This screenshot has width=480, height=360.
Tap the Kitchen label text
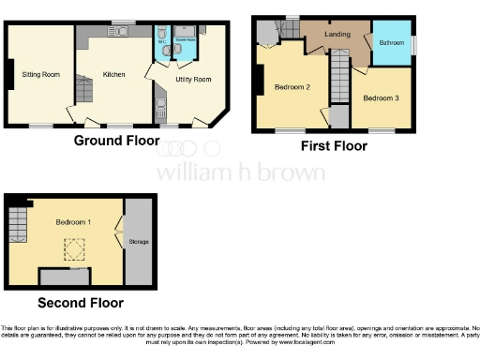click(x=114, y=73)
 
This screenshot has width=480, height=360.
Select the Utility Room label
click(x=194, y=80)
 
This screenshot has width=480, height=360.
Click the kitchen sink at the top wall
click(x=117, y=31)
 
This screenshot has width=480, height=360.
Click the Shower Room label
click(x=183, y=41)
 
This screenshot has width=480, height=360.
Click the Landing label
click(x=337, y=35)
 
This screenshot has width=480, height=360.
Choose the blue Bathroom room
click(x=392, y=42)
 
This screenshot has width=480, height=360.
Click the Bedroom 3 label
click(x=381, y=97)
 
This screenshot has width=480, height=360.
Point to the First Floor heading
click(x=333, y=146)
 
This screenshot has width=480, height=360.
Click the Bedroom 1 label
click(x=73, y=222)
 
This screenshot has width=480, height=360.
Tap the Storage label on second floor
click(x=139, y=242)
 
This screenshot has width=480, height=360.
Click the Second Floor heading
click(x=80, y=303)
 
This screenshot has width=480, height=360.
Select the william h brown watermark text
click(x=240, y=172)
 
